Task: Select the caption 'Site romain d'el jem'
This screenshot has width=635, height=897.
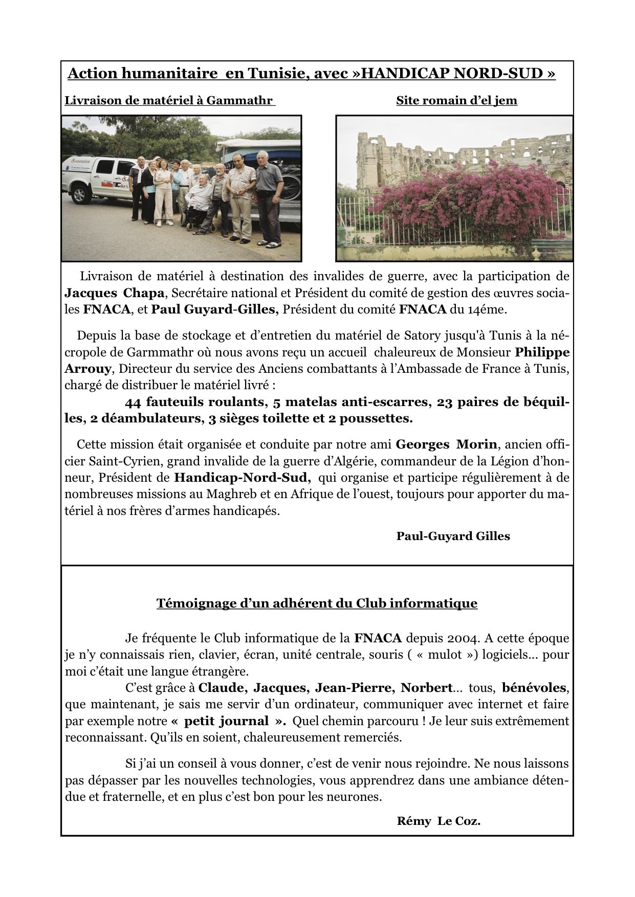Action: click(456, 101)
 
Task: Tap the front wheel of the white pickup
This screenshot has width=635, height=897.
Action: click(80, 195)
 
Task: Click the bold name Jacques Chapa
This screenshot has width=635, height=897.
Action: click(114, 293)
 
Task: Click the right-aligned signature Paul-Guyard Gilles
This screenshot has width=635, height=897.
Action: click(453, 536)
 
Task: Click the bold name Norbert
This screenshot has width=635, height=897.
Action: click(427, 688)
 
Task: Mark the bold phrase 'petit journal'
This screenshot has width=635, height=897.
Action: click(226, 721)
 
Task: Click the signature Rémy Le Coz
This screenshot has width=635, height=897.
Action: click(439, 821)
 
